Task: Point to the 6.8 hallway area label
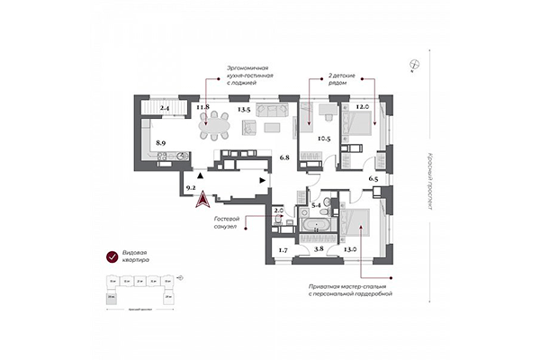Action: pyautogui.click(x=284, y=158)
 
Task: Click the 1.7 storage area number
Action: pyautogui.click(x=282, y=249)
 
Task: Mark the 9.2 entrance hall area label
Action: pyautogui.click(x=190, y=188)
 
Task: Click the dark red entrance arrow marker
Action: pyautogui.click(x=205, y=200)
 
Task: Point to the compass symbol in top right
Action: pyautogui.click(x=414, y=64)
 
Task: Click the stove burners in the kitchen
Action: pyautogui.click(x=162, y=163)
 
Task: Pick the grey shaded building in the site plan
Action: pyautogui.click(x=111, y=296)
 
